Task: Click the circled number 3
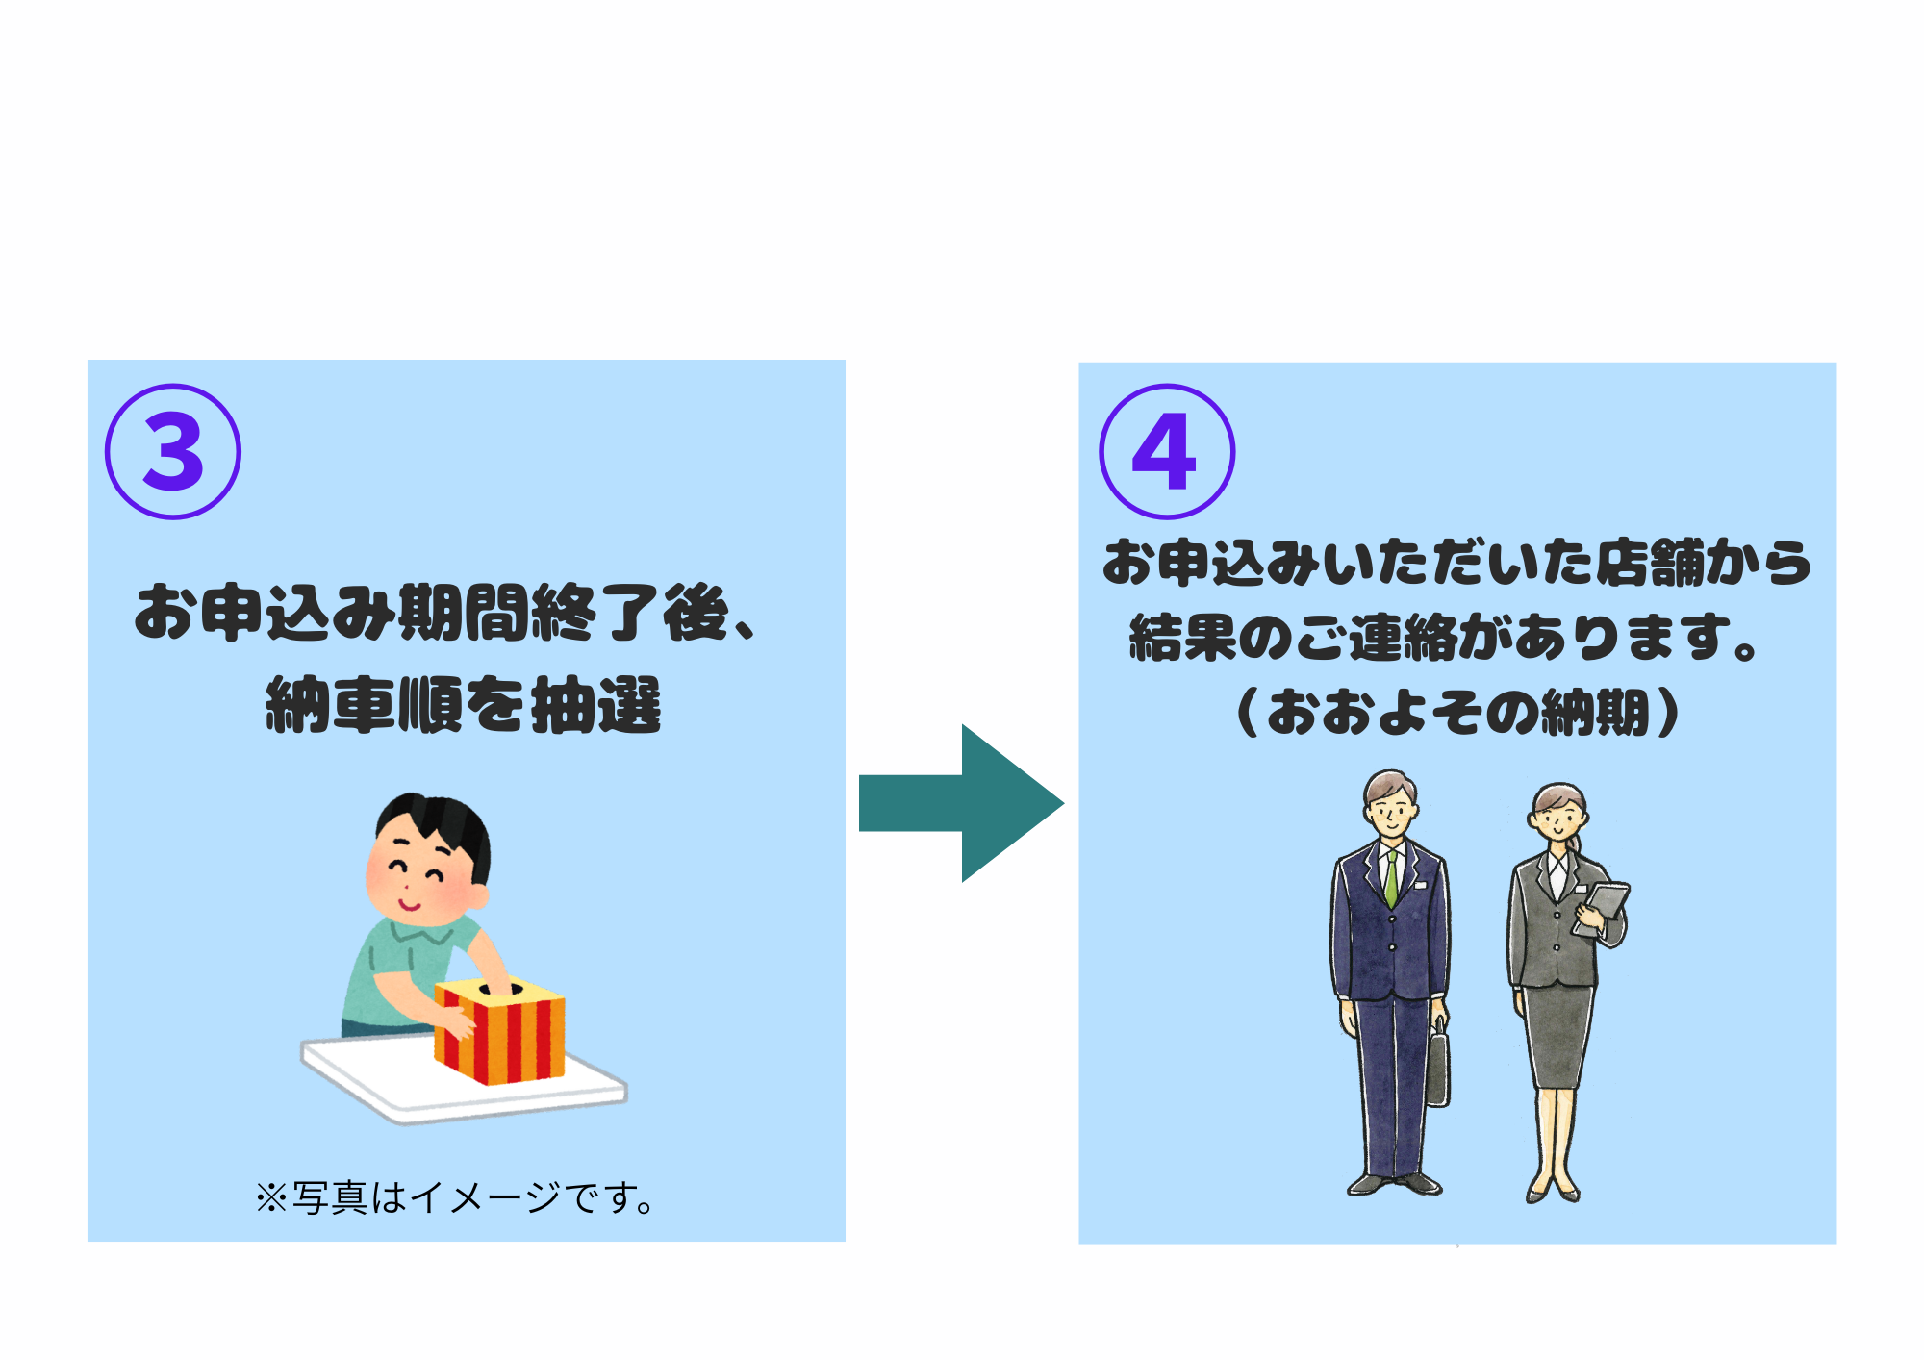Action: pos(173,452)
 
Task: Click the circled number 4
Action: pos(1166,452)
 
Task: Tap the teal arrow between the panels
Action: pos(962,803)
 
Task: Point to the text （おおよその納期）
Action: pos(1457,713)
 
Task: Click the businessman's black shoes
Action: pos(1395,1184)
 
